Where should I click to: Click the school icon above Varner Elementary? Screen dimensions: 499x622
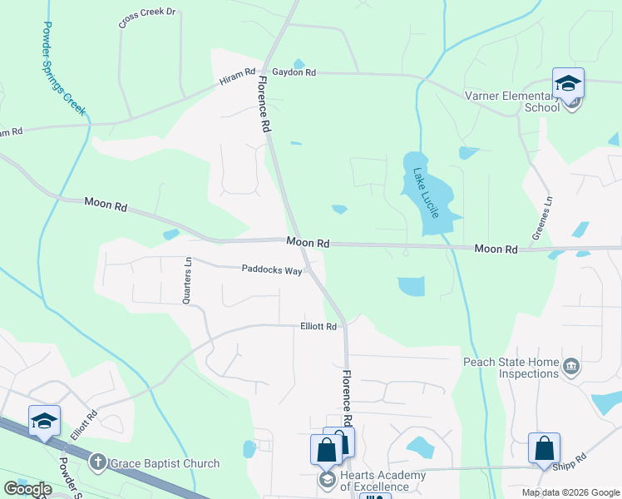click(x=569, y=84)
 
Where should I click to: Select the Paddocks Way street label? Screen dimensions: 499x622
click(x=272, y=269)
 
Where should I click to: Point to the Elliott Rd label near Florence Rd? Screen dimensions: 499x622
click(x=318, y=327)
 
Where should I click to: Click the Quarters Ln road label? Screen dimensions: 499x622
click(x=188, y=279)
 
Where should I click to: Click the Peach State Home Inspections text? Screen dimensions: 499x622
click(x=511, y=368)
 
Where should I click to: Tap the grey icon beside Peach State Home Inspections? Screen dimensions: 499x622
click(x=571, y=366)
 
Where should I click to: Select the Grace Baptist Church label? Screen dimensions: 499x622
click(x=165, y=463)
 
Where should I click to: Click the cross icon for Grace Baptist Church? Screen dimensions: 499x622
click(x=97, y=462)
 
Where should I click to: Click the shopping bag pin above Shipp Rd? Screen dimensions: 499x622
click(x=545, y=448)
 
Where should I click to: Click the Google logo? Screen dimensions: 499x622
click(x=27, y=489)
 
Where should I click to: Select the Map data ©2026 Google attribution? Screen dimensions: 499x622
click(x=570, y=492)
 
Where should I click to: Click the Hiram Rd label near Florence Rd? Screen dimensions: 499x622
click(x=239, y=76)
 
